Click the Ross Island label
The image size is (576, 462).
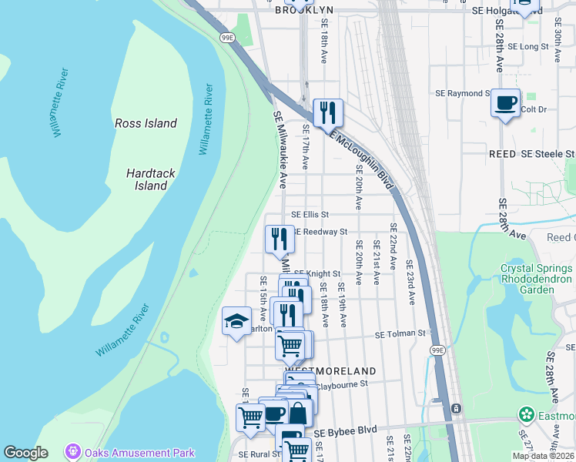(x=146, y=123)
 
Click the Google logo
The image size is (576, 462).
(x=25, y=453)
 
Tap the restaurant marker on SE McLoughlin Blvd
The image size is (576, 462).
(x=328, y=112)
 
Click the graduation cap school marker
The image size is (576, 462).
(x=237, y=321)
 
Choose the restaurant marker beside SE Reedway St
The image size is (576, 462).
(x=280, y=238)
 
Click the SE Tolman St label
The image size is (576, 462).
(x=400, y=333)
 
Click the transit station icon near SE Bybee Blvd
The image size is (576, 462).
(x=456, y=407)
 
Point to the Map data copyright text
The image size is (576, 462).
(x=543, y=456)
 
